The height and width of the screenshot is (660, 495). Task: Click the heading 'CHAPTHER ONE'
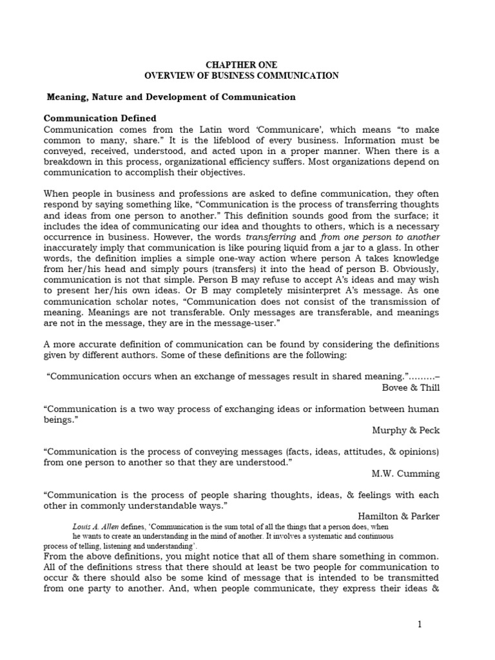pyautogui.click(x=241, y=65)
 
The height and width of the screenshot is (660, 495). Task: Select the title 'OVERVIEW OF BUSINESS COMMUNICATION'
pyautogui.click(x=241, y=75)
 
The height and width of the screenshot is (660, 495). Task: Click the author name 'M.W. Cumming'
pyautogui.click(x=406, y=473)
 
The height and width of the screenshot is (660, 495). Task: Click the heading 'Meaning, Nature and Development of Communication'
pyautogui.click(x=171, y=97)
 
